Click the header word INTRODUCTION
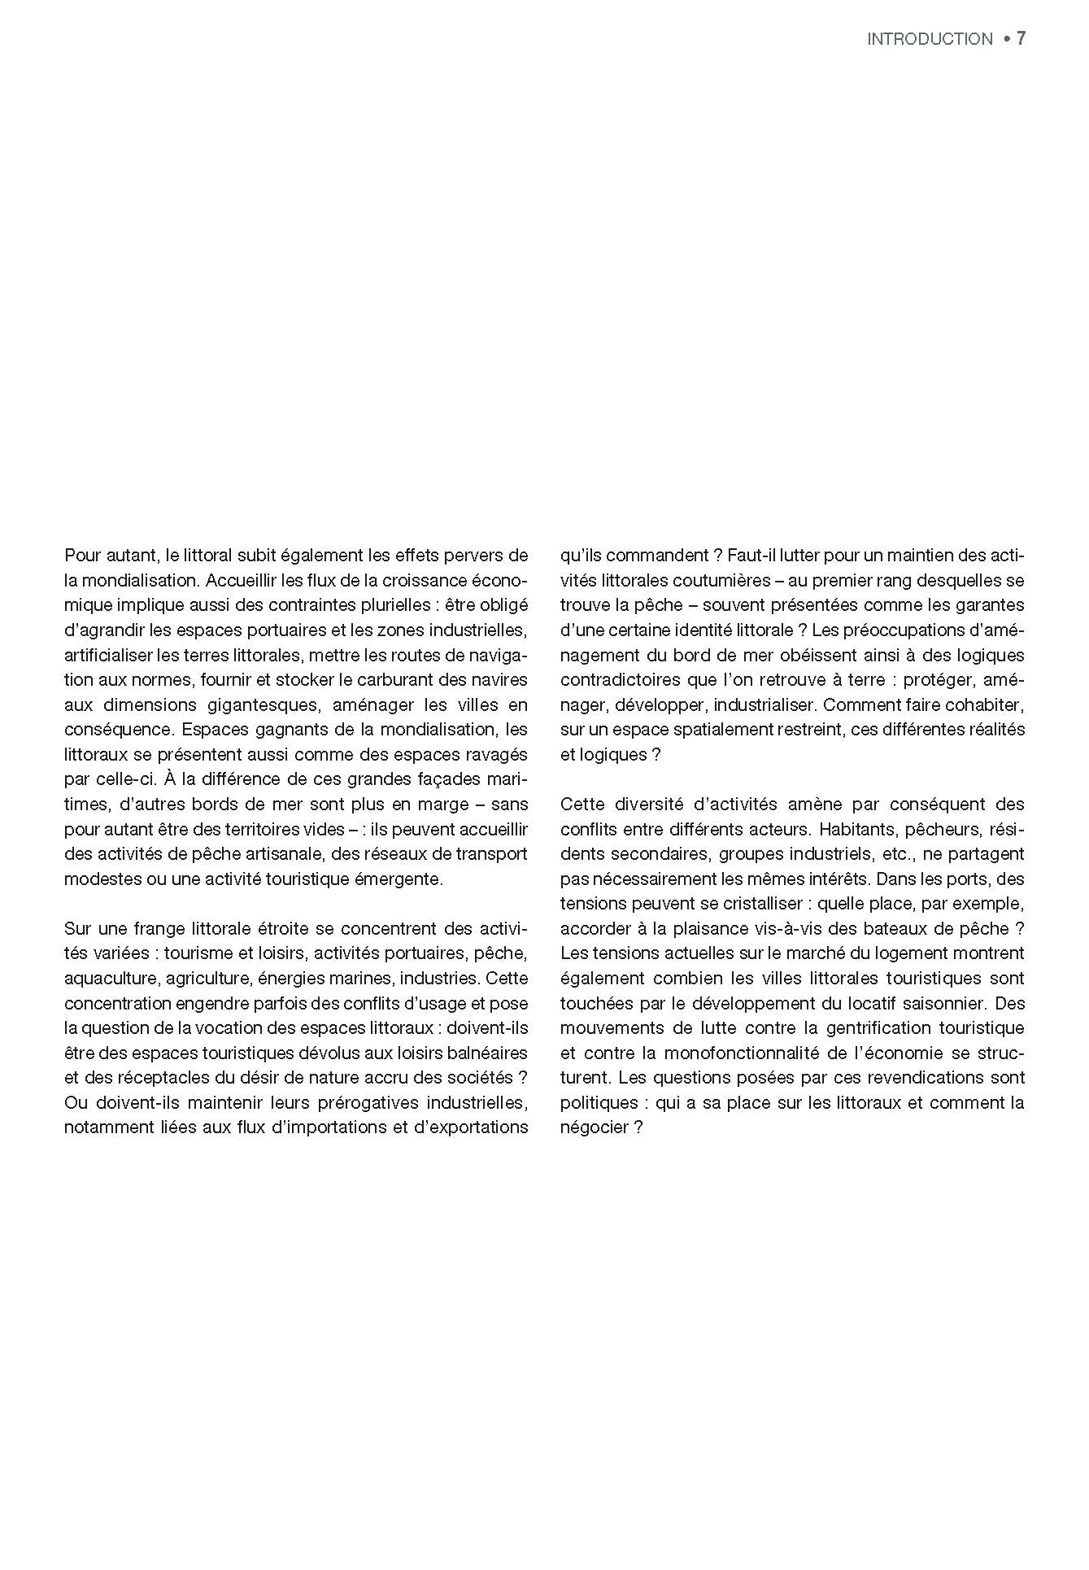click(x=930, y=39)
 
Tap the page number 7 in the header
click(x=1021, y=39)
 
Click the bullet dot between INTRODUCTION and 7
click(x=1006, y=39)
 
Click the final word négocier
click(x=593, y=1127)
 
